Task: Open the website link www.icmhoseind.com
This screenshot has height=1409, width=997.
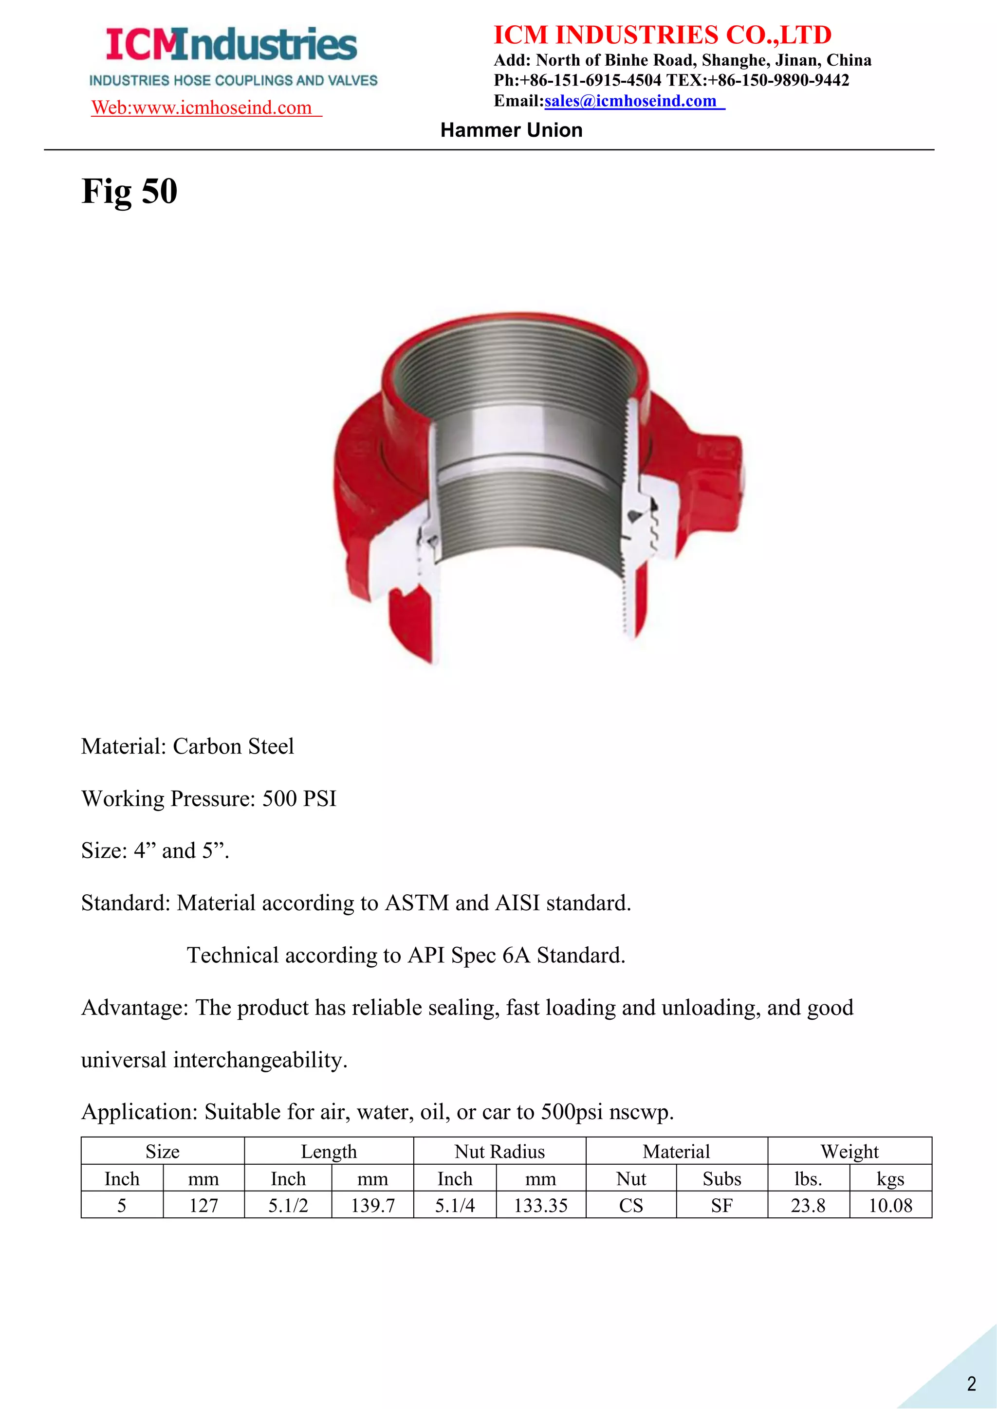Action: (x=206, y=108)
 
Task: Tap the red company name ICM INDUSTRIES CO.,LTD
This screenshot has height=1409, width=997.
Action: (x=663, y=35)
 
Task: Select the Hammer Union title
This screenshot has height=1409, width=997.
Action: (x=511, y=130)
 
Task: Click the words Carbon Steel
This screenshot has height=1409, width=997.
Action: (x=233, y=746)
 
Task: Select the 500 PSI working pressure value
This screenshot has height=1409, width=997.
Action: (x=299, y=798)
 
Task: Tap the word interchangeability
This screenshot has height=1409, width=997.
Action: (x=260, y=1060)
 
